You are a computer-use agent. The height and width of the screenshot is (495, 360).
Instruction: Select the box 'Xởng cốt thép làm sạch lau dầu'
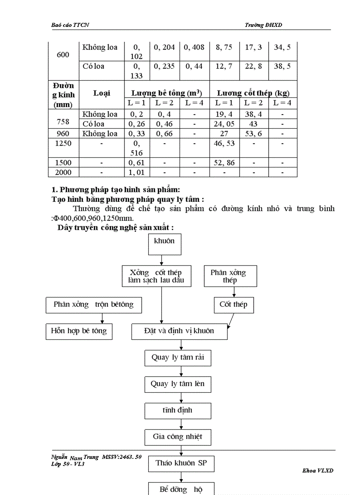[x=157, y=276]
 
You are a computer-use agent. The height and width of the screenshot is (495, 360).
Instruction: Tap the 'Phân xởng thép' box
[x=230, y=276]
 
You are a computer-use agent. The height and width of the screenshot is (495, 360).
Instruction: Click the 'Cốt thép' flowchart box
[x=234, y=305]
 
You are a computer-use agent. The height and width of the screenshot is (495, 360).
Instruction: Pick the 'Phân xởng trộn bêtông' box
[x=94, y=305]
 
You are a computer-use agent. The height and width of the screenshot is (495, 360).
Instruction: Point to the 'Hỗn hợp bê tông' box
[x=79, y=331]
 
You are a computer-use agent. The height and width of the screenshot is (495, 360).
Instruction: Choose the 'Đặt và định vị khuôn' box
[x=179, y=331]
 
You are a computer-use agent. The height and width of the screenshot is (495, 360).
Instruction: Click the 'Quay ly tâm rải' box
[x=177, y=357]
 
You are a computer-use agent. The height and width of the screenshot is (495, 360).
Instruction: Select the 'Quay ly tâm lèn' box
[x=177, y=384]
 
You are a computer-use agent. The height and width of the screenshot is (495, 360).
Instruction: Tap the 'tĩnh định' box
[x=177, y=410]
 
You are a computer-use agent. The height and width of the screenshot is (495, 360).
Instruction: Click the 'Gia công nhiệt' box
[x=177, y=437]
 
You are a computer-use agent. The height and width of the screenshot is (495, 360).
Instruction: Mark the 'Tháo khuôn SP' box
[x=181, y=463]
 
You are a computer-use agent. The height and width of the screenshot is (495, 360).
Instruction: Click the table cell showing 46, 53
[x=224, y=144]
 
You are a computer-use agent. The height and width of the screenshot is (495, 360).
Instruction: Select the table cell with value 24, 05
[x=224, y=124]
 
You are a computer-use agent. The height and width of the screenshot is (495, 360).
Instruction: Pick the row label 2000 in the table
[x=63, y=172]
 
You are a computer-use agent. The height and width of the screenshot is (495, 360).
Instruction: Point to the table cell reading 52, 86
[x=224, y=163]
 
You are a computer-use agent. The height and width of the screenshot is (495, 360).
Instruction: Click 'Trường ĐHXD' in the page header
[x=263, y=25]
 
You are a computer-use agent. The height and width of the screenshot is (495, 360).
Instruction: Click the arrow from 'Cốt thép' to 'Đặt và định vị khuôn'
[x=230, y=321]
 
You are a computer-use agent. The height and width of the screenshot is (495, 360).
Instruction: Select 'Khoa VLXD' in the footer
[x=318, y=471]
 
